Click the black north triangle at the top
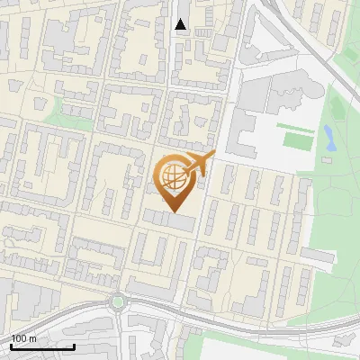click(x=181, y=24)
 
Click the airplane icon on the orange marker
click(x=198, y=165)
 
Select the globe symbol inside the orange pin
click(x=174, y=176)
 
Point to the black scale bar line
click(x=42, y=346)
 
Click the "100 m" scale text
click(x=24, y=338)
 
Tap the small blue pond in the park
click(x=329, y=138)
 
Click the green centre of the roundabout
click(x=117, y=302)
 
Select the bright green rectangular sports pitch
click(x=296, y=140)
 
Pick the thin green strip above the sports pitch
click(x=294, y=127)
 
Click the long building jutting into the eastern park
click(x=319, y=256)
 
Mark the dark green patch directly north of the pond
click(x=337, y=103)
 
